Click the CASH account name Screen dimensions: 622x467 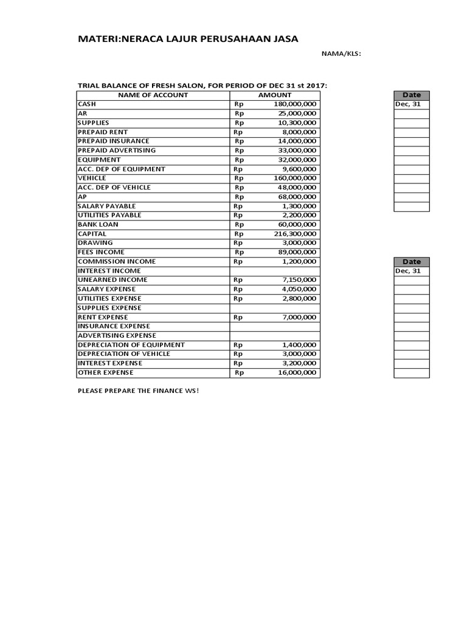click(87, 104)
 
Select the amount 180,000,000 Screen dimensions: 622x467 click(295, 104)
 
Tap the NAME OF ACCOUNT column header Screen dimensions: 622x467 click(153, 95)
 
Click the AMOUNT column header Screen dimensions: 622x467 click(275, 95)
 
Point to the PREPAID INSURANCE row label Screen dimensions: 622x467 click(114, 141)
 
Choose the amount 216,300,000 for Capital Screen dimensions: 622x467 click(295, 234)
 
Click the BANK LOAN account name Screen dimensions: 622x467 click(98, 225)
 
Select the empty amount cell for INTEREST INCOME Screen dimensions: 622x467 click(274, 271)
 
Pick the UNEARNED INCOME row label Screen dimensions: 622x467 click(112, 280)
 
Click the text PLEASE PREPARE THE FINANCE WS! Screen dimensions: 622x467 click(138, 390)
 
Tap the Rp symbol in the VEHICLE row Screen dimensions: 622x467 click(239, 179)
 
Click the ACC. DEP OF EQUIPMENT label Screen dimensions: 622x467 click(122, 169)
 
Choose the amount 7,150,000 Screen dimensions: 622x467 click(299, 280)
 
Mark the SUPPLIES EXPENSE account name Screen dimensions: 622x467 click(109, 308)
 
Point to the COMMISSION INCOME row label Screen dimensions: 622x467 click(117, 262)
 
